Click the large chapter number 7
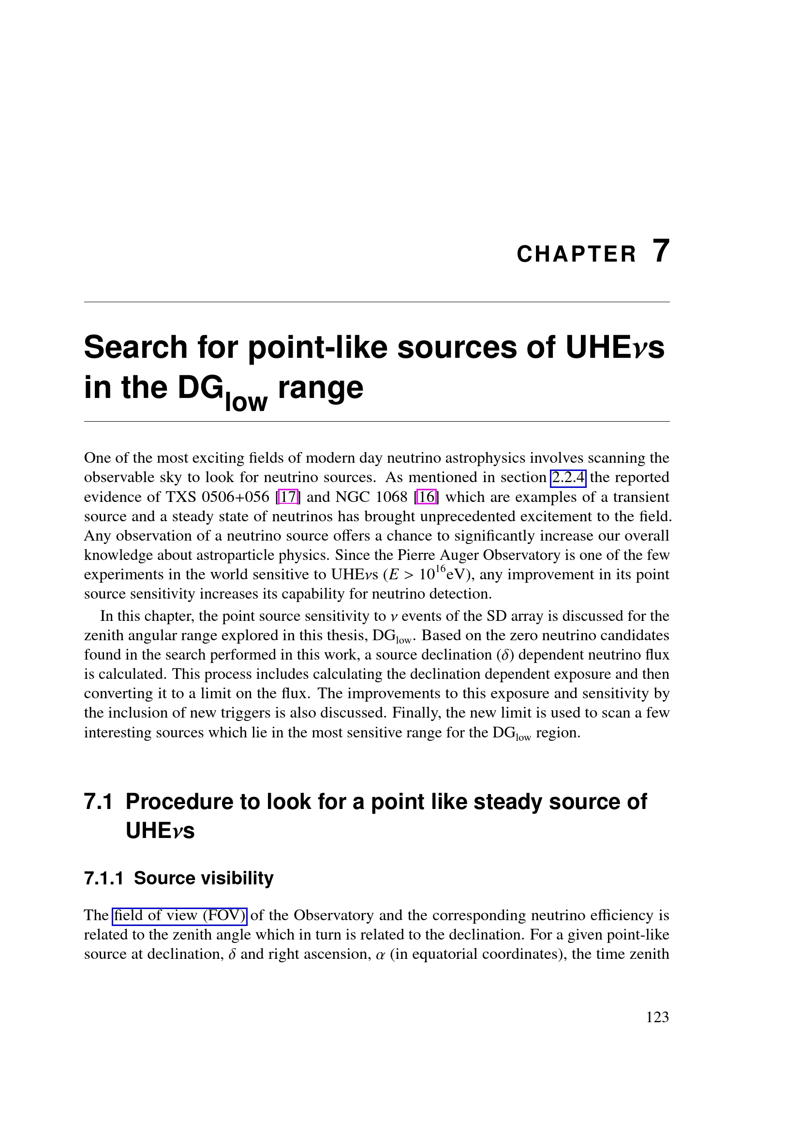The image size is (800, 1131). click(x=661, y=252)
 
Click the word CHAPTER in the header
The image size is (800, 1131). click(x=577, y=255)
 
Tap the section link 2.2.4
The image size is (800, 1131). click(x=567, y=477)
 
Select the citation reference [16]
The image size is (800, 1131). click(x=427, y=497)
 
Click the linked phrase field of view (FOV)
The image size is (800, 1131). click(x=179, y=915)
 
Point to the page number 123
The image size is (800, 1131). click(x=657, y=1017)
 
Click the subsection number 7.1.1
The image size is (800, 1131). click(x=103, y=878)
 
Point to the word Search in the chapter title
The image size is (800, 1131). click(x=135, y=347)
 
